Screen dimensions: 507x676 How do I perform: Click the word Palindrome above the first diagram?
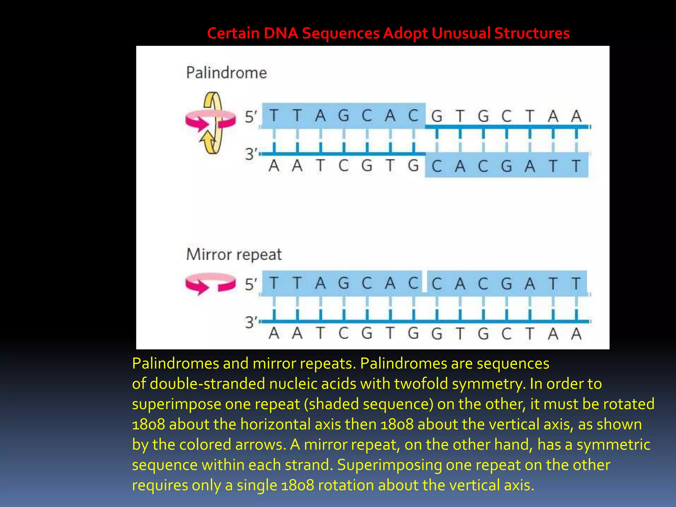(x=226, y=73)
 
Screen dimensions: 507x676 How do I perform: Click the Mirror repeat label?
(x=234, y=255)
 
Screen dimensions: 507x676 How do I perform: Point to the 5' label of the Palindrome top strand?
(x=251, y=117)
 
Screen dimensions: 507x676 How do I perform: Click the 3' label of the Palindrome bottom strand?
(x=251, y=154)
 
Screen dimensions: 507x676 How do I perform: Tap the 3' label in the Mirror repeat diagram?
(x=251, y=322)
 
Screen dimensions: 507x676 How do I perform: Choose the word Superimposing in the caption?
(x=389, y=465)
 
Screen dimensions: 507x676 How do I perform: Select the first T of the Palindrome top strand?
(x=274, y=116)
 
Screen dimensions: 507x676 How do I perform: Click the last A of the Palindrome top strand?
(x=576, y=116)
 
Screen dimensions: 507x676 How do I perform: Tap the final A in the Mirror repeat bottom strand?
(x=576, y=333)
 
